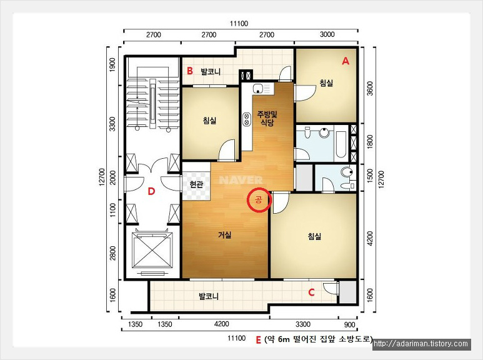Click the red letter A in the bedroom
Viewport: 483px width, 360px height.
(x=346, y=61)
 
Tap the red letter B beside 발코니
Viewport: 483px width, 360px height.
(x=190, y=71)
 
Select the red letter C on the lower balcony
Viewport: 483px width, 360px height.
(x=311, y=292)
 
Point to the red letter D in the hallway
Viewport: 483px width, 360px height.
(x=151, y=191)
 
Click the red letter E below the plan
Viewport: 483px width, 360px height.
(x=259, y=339)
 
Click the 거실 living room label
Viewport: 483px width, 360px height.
(x=225, y=235)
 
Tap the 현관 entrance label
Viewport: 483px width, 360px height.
(x=197, y=184)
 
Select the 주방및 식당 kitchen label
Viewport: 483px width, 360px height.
(x=267, y=119)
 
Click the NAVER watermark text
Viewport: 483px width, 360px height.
(x=241, y=180)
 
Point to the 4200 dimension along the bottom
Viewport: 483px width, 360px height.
(x=221, y=324)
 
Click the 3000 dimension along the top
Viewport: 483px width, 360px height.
(x=327, y=34)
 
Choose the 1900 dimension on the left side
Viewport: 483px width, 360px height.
(x=112, y=65)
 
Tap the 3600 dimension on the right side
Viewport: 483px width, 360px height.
(x=370, y=89)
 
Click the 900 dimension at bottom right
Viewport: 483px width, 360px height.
(x=350, y=324)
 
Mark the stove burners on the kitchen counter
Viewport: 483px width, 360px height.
(x=246, y=119)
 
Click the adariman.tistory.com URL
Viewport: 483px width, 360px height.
(x=422, y=344)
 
